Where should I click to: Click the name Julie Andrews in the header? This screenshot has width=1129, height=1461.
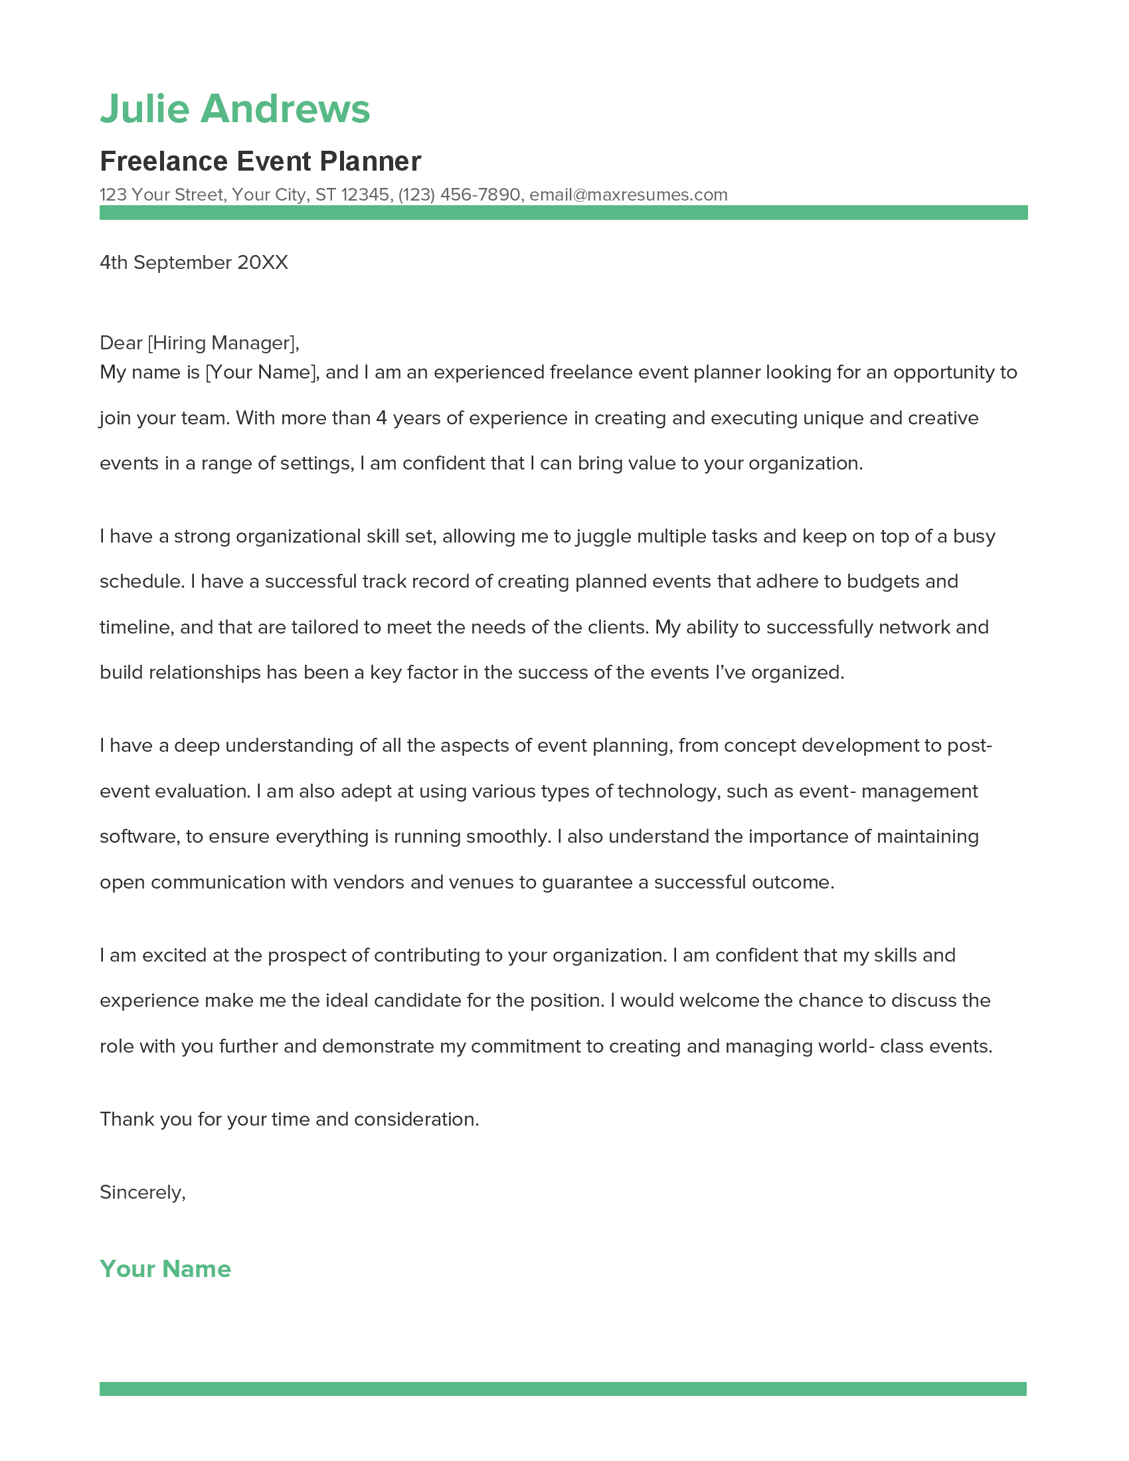tap(234, 108)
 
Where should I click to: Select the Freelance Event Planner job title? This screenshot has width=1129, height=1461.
tap(260, 161)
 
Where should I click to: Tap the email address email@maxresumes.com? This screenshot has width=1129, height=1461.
tap(628, 195)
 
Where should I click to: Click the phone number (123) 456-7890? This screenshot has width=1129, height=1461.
tap(459, 195)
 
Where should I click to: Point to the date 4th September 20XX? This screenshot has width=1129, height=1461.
tap(193, 262)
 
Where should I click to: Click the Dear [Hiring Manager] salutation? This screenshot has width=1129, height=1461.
tap(199, 343)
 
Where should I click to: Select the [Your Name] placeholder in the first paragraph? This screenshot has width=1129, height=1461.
tap(261, 373)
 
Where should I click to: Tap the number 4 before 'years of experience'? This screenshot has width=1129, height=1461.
tap(381, 418)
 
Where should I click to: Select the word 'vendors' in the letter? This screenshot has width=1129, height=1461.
tap(369, 883)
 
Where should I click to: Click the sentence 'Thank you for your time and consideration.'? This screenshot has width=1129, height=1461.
tap(289, 1119)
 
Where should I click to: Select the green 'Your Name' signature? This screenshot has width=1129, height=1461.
tap(165, 1269)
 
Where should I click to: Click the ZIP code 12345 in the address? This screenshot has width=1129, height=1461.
tap(365, 195)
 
